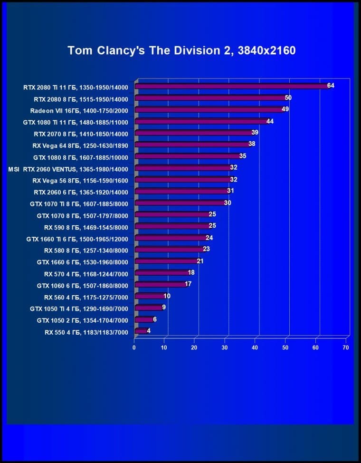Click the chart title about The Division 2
181,50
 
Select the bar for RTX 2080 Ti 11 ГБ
232,86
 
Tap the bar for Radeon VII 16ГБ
209,109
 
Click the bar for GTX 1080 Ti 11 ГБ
202,121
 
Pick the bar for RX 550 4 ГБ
142,331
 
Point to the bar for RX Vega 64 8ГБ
193,145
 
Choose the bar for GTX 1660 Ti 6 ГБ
171,238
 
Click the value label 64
331,86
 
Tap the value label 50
288,97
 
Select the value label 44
270,121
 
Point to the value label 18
191,272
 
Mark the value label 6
155,319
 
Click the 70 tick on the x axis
345,348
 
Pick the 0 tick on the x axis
134,348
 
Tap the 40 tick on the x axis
255,348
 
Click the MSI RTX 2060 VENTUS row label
68,168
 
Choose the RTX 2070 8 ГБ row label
81,133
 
